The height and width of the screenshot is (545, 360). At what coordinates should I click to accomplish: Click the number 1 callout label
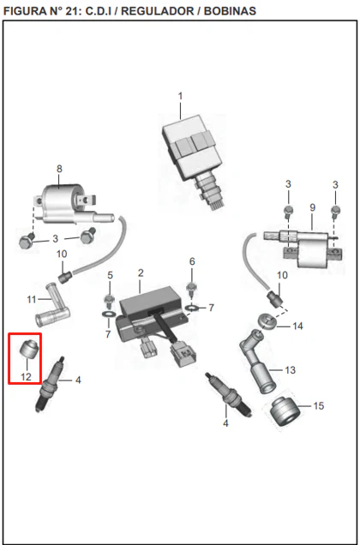180,96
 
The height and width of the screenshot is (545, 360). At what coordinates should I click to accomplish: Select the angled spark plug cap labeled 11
53,305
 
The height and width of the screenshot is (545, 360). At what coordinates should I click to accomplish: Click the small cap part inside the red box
28,349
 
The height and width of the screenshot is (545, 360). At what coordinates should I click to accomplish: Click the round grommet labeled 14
268,322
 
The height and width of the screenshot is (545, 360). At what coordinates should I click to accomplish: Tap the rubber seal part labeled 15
285,411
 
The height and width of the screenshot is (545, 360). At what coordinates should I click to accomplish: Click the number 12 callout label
26,377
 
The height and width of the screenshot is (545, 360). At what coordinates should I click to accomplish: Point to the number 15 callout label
319,405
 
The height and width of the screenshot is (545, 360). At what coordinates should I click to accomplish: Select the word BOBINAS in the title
230,11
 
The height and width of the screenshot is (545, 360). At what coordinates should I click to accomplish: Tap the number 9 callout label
312,207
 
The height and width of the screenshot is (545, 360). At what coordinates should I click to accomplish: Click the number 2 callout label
141,272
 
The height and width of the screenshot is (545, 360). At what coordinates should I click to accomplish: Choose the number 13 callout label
290,370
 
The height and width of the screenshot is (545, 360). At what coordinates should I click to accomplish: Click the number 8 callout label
59,169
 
